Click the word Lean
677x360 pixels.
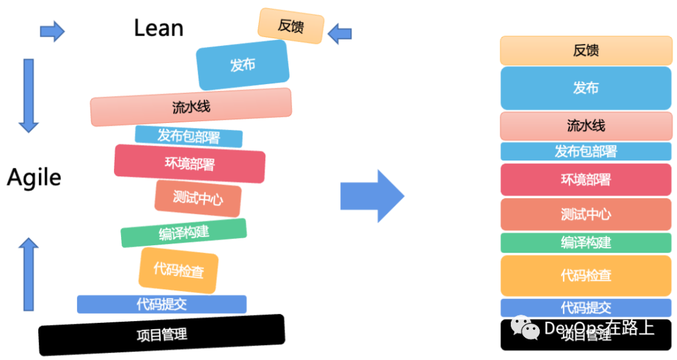click(159, 28)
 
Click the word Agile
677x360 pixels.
click(34, 178)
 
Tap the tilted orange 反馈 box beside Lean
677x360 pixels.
click(291, 26)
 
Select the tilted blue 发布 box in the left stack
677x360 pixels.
click(243, 65)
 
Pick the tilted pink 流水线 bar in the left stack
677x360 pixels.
click(191, 107)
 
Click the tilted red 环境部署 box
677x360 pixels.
click(189, 164)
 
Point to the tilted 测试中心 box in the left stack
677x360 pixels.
click(198, 199)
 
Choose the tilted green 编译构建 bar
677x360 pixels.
click(184, 233)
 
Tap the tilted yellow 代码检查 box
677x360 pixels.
click(179, 271)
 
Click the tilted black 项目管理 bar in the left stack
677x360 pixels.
click(162, 334)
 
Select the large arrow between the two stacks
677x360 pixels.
click(372, 196)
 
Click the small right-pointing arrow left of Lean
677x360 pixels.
click(52, 31)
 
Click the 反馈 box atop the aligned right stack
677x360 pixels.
click(585, 51)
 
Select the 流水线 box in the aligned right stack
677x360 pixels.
click(585, 126)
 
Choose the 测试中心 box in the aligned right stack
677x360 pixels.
click(585, 214)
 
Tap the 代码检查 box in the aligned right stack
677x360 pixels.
click(585, 275)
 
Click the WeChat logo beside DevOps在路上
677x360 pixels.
click(525, 327)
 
